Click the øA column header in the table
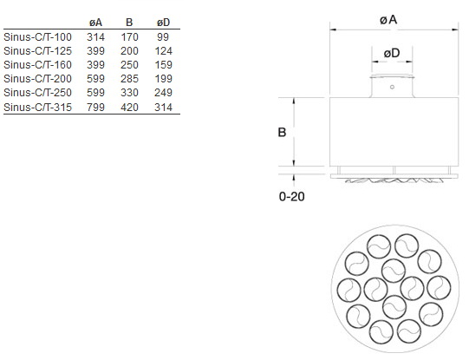pos(95,23)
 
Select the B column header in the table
pos(129,23)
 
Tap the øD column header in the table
pos(163,23)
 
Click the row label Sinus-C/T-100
pos(37,37)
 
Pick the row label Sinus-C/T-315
pos(37,107)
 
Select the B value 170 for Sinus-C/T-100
pos(129,37)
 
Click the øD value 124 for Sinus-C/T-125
pos(163,51)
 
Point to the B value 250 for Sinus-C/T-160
pos(129,65)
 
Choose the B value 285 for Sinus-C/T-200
pos(129,79)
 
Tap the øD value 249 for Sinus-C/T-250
pos(163,93)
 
